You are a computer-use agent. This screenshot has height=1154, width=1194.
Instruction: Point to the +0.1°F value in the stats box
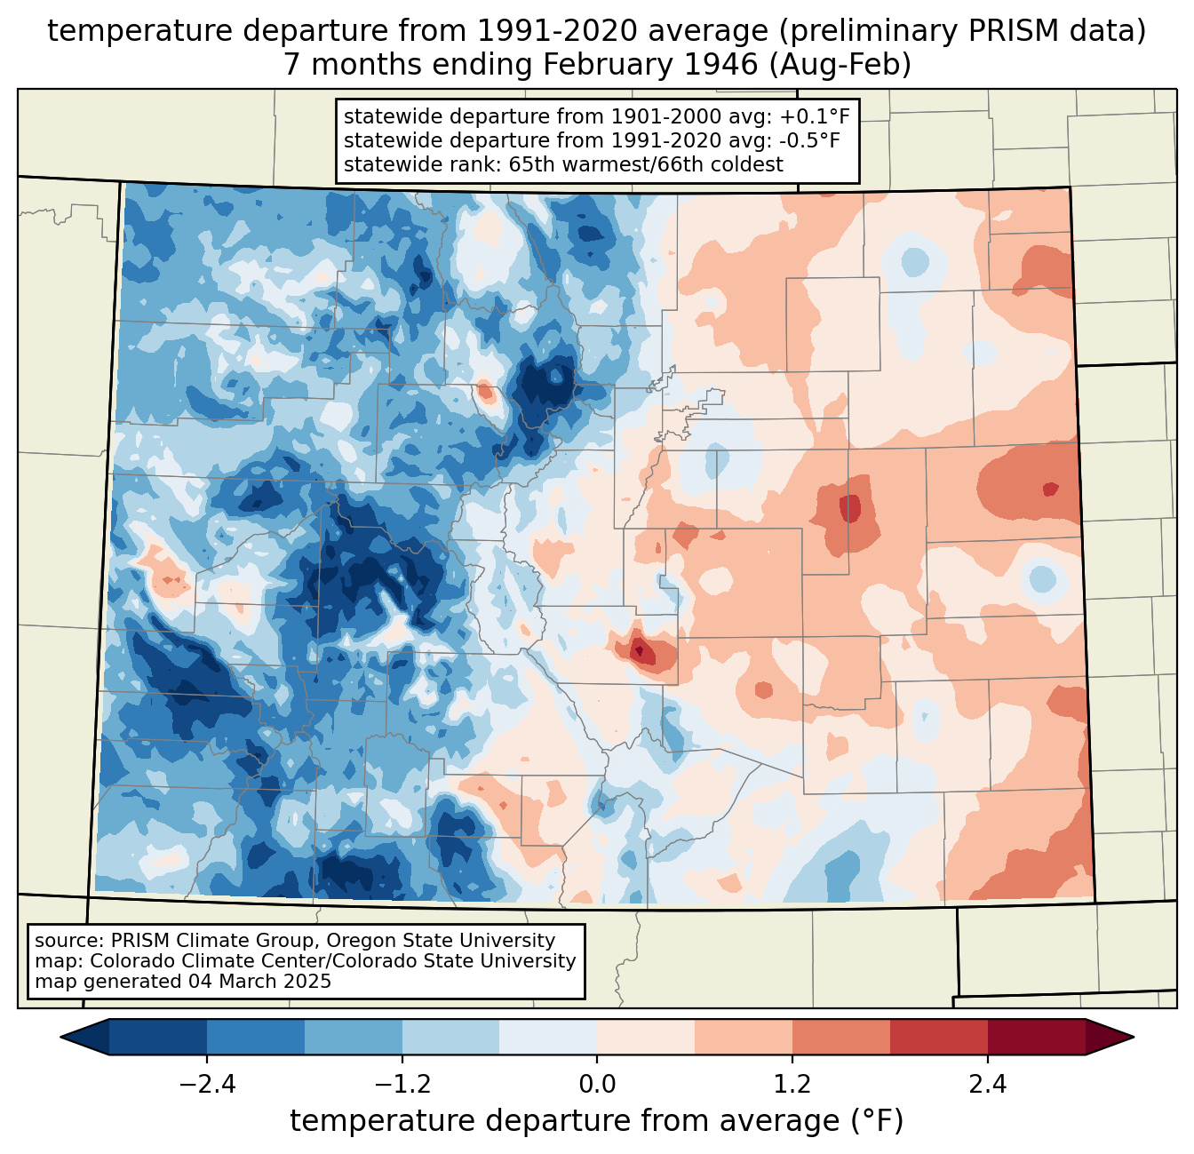pyautogui.click(x=815, y=117)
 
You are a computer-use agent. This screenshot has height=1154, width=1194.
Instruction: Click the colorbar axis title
pyautogui.click(x=596, y=1121)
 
